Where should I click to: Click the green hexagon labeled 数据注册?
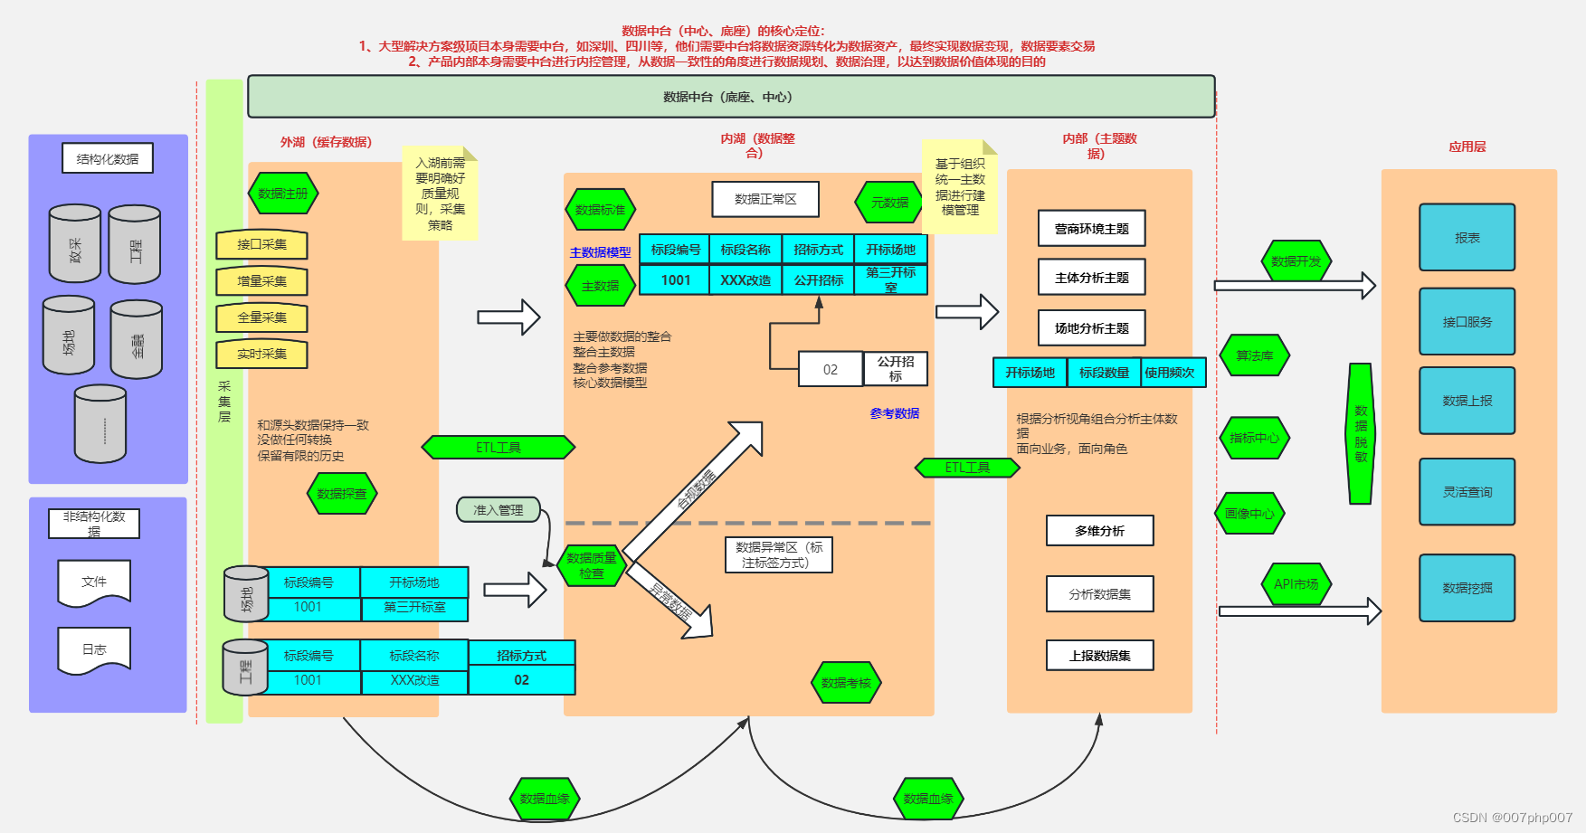282,194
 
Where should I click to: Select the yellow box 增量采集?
261,281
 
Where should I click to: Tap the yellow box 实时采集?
261,354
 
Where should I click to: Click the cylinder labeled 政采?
75,244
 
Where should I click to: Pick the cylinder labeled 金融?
137,340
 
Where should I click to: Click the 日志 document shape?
94,649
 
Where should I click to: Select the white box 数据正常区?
765,199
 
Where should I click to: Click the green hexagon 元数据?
889,203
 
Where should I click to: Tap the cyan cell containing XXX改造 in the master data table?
746,280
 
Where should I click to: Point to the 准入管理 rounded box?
499,510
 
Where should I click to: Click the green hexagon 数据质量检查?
591,565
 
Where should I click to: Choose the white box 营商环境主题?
1091,229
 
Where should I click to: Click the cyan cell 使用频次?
1170,373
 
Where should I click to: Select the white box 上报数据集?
1099,656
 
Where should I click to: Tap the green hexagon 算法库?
1254,355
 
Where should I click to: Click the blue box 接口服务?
1467,322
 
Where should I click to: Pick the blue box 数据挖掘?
1467,588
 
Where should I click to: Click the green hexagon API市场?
1296,584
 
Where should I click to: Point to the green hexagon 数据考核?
846,683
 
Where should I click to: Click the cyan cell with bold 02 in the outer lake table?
521,680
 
